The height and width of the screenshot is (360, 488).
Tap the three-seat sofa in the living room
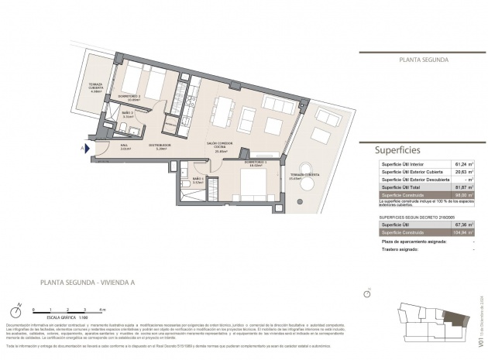pos(277,104)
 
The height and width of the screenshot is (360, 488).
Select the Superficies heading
pos(400,150)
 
